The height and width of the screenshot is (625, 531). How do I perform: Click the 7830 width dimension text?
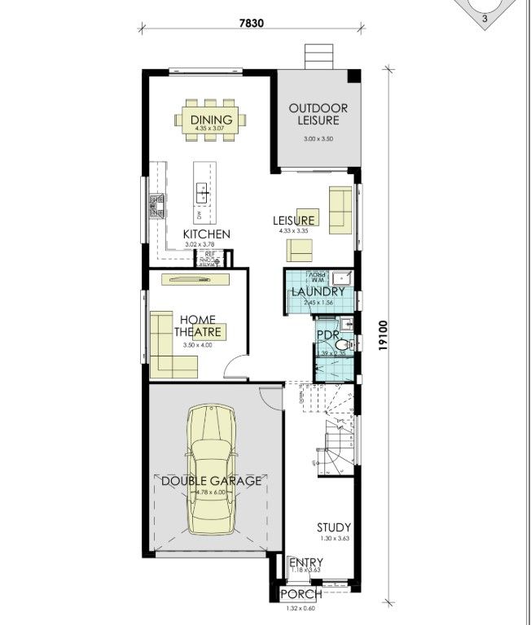coord(252,23)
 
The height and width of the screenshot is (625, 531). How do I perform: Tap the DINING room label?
coord(212,120)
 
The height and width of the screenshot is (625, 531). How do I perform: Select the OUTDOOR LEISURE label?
coord(318,114)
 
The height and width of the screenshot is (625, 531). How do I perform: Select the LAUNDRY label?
coord(318,291)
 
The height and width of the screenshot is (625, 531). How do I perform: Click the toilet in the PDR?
coord(344,346)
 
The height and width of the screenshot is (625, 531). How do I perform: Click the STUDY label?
coord(334,528)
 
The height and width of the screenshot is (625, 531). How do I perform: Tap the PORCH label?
coord(301,595)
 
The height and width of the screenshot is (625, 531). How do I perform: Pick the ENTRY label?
coord(306,562)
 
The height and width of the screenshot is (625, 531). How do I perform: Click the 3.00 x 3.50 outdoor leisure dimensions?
coord(318,139)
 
